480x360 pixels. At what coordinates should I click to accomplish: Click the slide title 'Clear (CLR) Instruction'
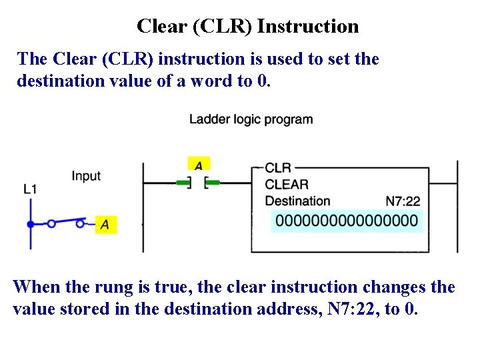click(x=247, y=27)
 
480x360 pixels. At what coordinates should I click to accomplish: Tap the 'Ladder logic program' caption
click(x=251, y=120)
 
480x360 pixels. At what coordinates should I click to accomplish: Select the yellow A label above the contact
click(x=198, y=164)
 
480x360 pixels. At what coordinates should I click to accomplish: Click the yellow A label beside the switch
click(x=105, y=225)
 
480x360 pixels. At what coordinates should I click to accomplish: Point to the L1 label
click(x=30, y=189)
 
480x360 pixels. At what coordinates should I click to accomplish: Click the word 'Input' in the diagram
click(x=86, y=176)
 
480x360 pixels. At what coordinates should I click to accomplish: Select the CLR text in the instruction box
click(x=278, y=168)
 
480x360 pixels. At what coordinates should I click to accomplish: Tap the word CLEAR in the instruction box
click(x=287, y=184)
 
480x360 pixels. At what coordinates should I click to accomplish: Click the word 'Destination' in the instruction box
click(x=297, y=201)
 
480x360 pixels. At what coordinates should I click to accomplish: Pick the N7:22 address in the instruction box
click(x=403, y=201)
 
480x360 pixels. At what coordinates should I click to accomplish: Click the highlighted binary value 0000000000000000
click(x=347, y=221)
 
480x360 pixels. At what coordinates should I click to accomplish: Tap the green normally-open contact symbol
click(x=198, y=182)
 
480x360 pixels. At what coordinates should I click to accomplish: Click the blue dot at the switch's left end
click(x=31, y=224)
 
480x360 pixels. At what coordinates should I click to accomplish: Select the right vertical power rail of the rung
click(x=457, y=207)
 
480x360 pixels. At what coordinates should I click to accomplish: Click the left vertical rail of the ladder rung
click(x=143, y=207)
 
